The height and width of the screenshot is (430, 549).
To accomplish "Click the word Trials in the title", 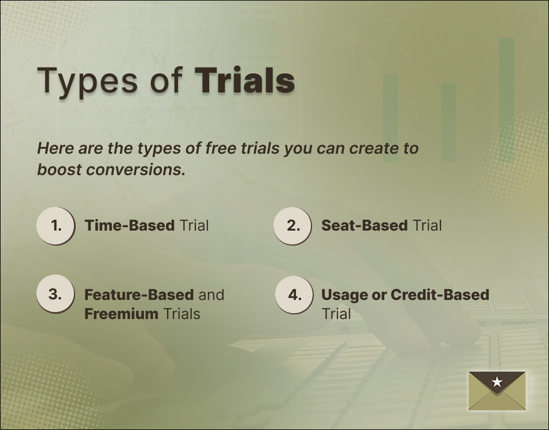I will pos(244,80).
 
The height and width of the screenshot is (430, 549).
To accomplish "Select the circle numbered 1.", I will pos(56,225).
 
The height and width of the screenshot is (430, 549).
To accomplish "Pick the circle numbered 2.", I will pos(293,225).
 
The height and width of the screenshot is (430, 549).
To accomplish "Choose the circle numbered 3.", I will pos(55,294).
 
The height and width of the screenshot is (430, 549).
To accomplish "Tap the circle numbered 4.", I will pos(294,294).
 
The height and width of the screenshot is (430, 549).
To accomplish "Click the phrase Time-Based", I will pos(129,225).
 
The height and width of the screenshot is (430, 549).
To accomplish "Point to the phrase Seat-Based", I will pos(364,225).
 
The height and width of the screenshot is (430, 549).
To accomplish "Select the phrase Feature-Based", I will pos(139,295).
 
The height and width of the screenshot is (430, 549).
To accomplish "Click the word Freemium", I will pos(121,314).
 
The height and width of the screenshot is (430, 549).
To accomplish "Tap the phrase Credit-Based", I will pos(440,295).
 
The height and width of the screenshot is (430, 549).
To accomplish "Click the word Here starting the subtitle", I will pos(55,149).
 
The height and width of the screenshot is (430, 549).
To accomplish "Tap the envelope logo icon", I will pos(497,391).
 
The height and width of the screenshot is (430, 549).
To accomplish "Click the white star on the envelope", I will pos(497,381).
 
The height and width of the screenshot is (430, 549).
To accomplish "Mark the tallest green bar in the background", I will pos(506,98).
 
